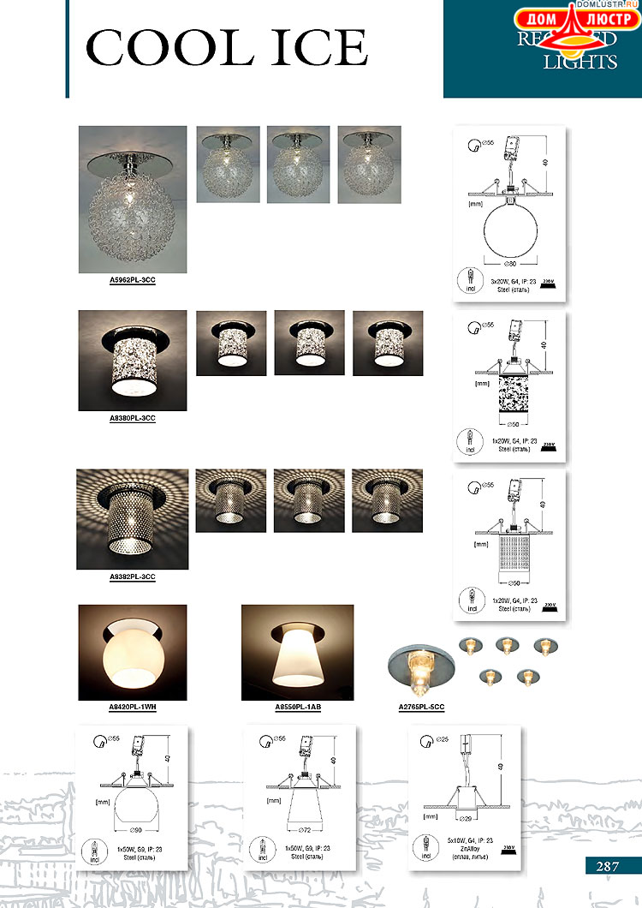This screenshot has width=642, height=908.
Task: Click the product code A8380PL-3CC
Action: pos(132,417)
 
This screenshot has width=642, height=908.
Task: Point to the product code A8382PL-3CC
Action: pos(132,576)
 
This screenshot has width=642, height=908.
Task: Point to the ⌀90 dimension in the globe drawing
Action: pos(136,830)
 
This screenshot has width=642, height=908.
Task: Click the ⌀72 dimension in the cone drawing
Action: pos(303,830)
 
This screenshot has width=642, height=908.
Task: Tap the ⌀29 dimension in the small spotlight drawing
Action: pos(465,820)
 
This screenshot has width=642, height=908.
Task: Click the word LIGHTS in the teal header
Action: pos(580,63)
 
